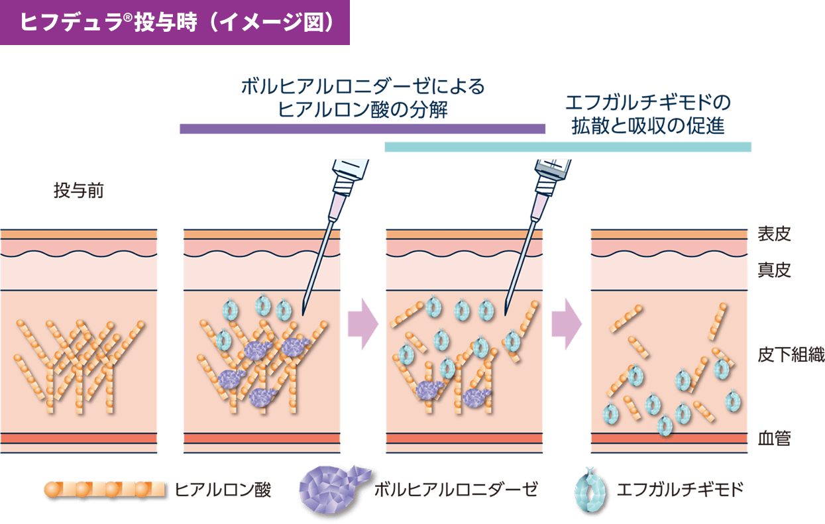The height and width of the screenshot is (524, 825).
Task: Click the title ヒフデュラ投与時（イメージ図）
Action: point(175,22)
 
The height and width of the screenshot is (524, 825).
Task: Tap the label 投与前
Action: point(79,192)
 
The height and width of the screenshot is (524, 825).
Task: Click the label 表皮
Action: point(774,234)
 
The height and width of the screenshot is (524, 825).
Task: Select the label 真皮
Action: point(774,270)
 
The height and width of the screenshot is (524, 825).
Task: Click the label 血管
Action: point(774,439)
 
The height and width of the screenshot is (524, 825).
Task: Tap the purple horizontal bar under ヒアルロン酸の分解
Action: point(362,129)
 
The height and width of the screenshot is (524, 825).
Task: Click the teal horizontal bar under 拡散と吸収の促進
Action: point(567,147)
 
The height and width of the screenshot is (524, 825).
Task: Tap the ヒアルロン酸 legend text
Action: point(223,490)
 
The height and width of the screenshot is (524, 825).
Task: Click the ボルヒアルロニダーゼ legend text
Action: point(455,490)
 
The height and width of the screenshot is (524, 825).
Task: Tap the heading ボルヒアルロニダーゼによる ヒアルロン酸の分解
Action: point(362,97)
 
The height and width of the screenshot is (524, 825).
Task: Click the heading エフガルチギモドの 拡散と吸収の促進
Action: point(648,114)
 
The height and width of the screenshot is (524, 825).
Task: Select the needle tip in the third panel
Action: point(507,314)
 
